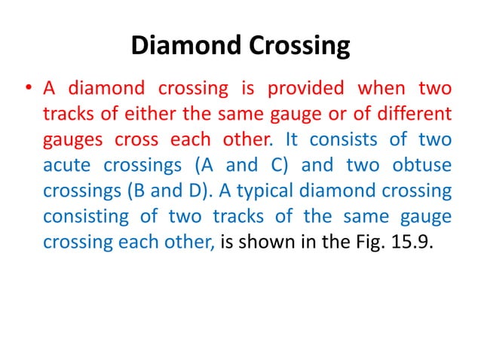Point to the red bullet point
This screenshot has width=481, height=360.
(x=28, y=90)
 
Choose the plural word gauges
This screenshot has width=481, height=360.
(x=73, y=141)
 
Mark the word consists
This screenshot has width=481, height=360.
(x=342, y=141)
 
